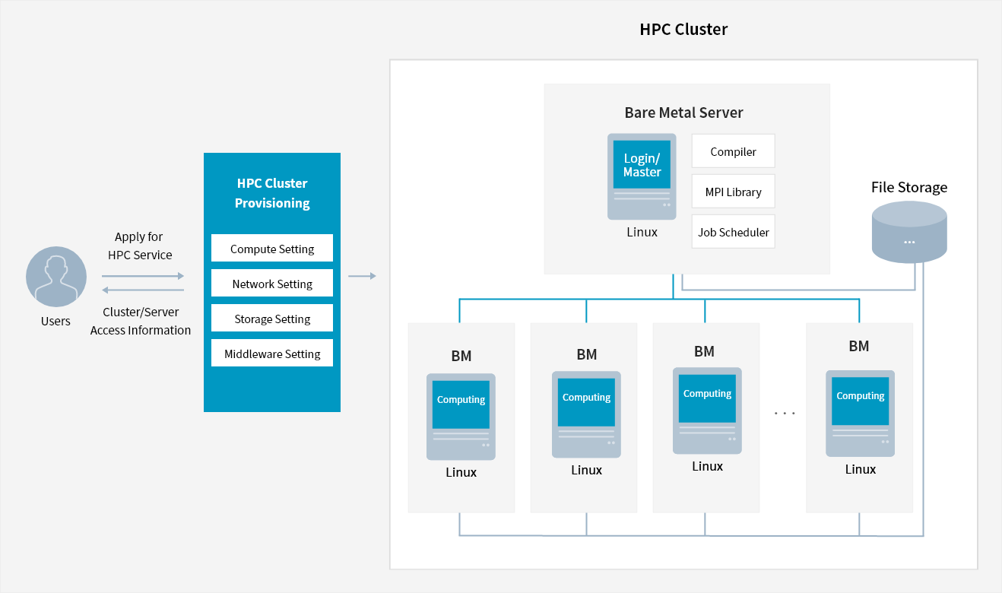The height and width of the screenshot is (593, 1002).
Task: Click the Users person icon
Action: point(56,277)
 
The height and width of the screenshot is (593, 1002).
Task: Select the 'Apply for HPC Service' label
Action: point(140,246)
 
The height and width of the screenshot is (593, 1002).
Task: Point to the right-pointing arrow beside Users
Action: point(143,276)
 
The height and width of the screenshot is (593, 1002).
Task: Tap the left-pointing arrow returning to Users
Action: point(143,290)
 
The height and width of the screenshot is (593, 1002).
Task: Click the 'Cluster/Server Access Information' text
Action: point(141,321)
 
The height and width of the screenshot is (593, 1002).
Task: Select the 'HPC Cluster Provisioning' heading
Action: point(272,193)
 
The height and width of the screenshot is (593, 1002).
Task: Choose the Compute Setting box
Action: point(272,249)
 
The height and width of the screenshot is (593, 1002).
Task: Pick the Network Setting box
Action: point(272,284)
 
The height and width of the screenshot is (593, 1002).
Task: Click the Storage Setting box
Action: point(272,319)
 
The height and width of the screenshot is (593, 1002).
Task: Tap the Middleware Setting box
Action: point(272,354)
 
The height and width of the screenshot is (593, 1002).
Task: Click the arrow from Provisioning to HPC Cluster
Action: point(362,276)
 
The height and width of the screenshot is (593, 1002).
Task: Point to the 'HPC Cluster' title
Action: point(683,30)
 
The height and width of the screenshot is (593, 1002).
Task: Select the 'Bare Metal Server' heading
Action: point(683,113)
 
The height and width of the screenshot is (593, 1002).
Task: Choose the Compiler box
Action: point(733,151)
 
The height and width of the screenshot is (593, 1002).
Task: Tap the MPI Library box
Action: point(733,192)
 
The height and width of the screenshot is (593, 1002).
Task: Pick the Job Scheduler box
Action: point(733,232)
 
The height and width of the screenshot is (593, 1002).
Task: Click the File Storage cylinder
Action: point(909,232)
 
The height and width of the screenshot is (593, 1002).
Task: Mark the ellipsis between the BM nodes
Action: point(784,413)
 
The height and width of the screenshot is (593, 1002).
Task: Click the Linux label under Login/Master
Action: point(642,232)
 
